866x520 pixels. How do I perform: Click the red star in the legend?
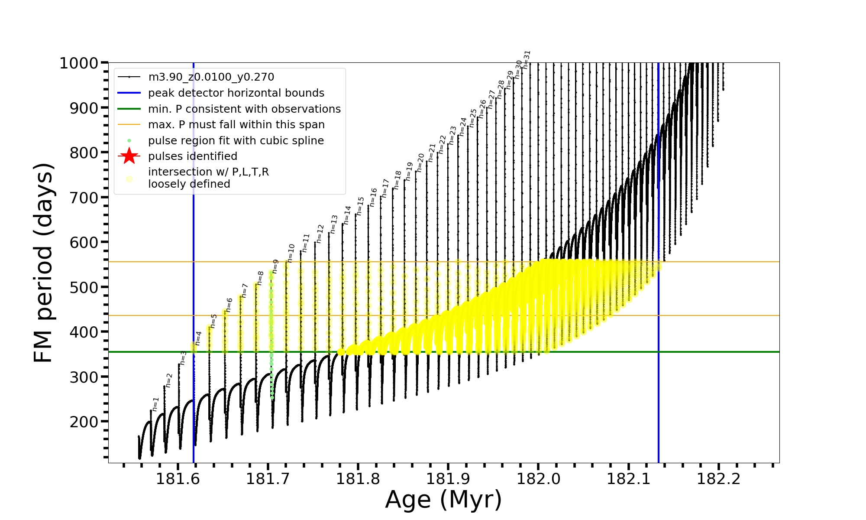(129, 156)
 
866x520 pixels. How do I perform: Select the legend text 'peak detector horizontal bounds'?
(236, 93)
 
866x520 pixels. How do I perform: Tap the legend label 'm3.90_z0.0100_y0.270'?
(211, 77)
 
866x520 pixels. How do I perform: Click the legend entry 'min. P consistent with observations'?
(244, 109)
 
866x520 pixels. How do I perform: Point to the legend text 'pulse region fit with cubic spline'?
(236, 141)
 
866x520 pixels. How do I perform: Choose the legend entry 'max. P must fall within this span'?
(236, 125)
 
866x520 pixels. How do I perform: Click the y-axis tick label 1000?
(79, 63)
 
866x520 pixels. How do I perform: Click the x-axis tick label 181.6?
(178, 479)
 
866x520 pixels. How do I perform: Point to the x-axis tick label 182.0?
(538, 479)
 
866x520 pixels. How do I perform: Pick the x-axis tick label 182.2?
(718, 479)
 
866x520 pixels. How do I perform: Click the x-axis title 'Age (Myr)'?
(443, 500)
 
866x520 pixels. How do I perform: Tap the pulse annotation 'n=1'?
(155, 404)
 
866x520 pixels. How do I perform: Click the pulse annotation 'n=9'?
(275, 266)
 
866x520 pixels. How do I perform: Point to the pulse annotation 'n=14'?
(347, 214)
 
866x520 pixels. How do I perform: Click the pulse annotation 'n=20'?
(420, 162)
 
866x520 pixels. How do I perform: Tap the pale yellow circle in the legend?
(129, 179)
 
